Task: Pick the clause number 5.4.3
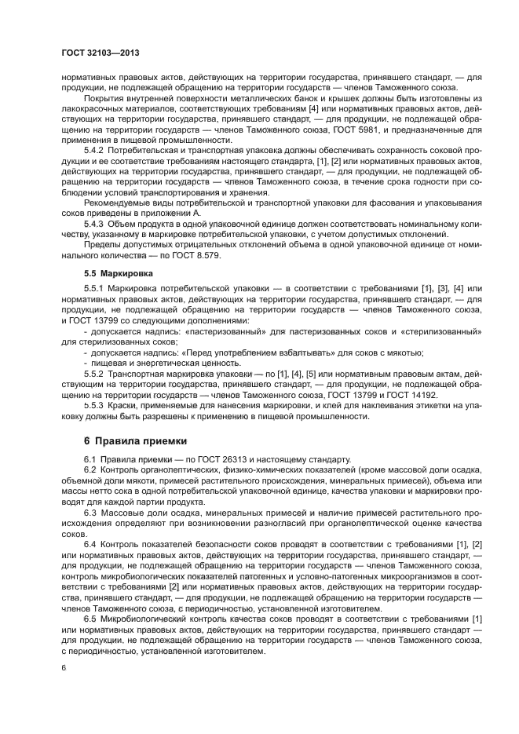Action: tap(95, 223)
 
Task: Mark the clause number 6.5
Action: tap(90, 618)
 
